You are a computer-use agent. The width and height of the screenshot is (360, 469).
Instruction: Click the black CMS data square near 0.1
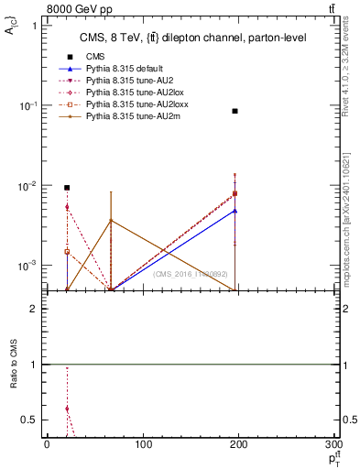coord(235,111)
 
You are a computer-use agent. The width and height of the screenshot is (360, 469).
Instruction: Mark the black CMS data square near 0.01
coord(67,188)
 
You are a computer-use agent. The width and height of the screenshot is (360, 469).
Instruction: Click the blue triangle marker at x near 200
coord(235,211)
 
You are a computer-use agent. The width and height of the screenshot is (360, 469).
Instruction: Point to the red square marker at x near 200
coord(235,193)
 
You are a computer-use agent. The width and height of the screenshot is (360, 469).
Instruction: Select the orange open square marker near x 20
coord(67,251)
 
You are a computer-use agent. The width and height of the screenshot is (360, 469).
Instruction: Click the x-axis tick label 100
coord(143,445)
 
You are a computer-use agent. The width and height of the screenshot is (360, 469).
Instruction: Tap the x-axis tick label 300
coord(333,445)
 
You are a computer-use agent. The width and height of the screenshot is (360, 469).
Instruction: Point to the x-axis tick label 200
coord(238,445)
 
